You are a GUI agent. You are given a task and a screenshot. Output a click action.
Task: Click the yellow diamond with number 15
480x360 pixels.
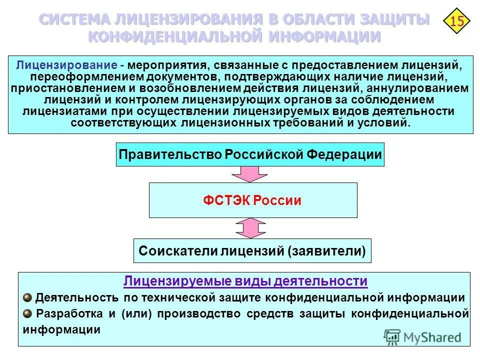[456, 21]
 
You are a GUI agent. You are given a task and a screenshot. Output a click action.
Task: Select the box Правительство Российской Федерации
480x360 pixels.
[250, 154]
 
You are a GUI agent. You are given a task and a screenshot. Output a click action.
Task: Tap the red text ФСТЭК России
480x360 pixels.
[252, 200]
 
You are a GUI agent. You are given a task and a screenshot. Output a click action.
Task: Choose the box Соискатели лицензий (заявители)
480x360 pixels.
[252, 250]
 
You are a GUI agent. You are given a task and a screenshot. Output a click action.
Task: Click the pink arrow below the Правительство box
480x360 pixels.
[250, 174]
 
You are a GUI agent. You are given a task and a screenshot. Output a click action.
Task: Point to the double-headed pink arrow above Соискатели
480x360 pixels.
[250, 228]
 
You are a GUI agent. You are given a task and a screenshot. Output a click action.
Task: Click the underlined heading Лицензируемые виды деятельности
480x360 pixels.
[245, 281]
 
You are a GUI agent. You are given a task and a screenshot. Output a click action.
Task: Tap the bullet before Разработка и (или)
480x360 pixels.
[27, 313]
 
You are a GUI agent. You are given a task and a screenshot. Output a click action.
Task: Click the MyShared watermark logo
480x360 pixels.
[422, 336]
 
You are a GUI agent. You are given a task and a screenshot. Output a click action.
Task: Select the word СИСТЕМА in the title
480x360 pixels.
[75, 20]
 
